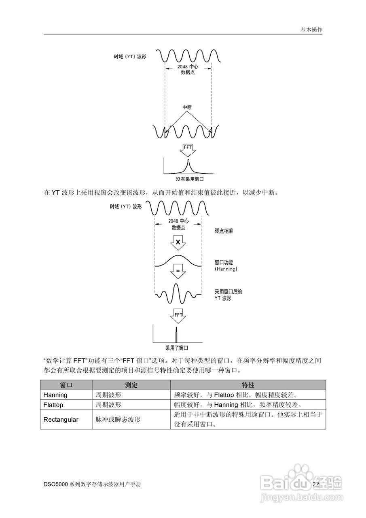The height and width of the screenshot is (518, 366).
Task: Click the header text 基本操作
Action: (x=311, y=30)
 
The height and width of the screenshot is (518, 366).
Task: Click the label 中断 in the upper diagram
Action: (x=187, y=107)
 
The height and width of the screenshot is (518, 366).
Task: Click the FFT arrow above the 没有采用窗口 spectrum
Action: (x=188, y=149)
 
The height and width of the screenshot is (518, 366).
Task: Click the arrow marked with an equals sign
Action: (x=178, y=271)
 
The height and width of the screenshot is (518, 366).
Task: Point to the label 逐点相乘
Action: (x=224, y=231)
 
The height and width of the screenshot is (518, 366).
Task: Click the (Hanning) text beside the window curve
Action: (x=226, y=269)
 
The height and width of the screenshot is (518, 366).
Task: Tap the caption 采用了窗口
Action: (x=177, y=347)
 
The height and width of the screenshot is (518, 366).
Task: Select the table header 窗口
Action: (x=66, y=385)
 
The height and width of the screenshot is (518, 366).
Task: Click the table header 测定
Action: (x=131, y=385)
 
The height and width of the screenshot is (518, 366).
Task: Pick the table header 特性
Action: (x=248, y=385)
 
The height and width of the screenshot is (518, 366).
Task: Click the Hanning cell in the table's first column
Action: (x=55, y=395)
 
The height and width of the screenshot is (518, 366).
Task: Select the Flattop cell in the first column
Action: (x=53, y=405)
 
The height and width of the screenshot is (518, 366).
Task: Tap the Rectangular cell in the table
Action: (x=61, y=420)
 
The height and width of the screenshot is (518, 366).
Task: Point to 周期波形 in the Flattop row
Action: (x=108, y=405)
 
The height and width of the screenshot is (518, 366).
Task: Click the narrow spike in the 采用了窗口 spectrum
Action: (x=176, y=335)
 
